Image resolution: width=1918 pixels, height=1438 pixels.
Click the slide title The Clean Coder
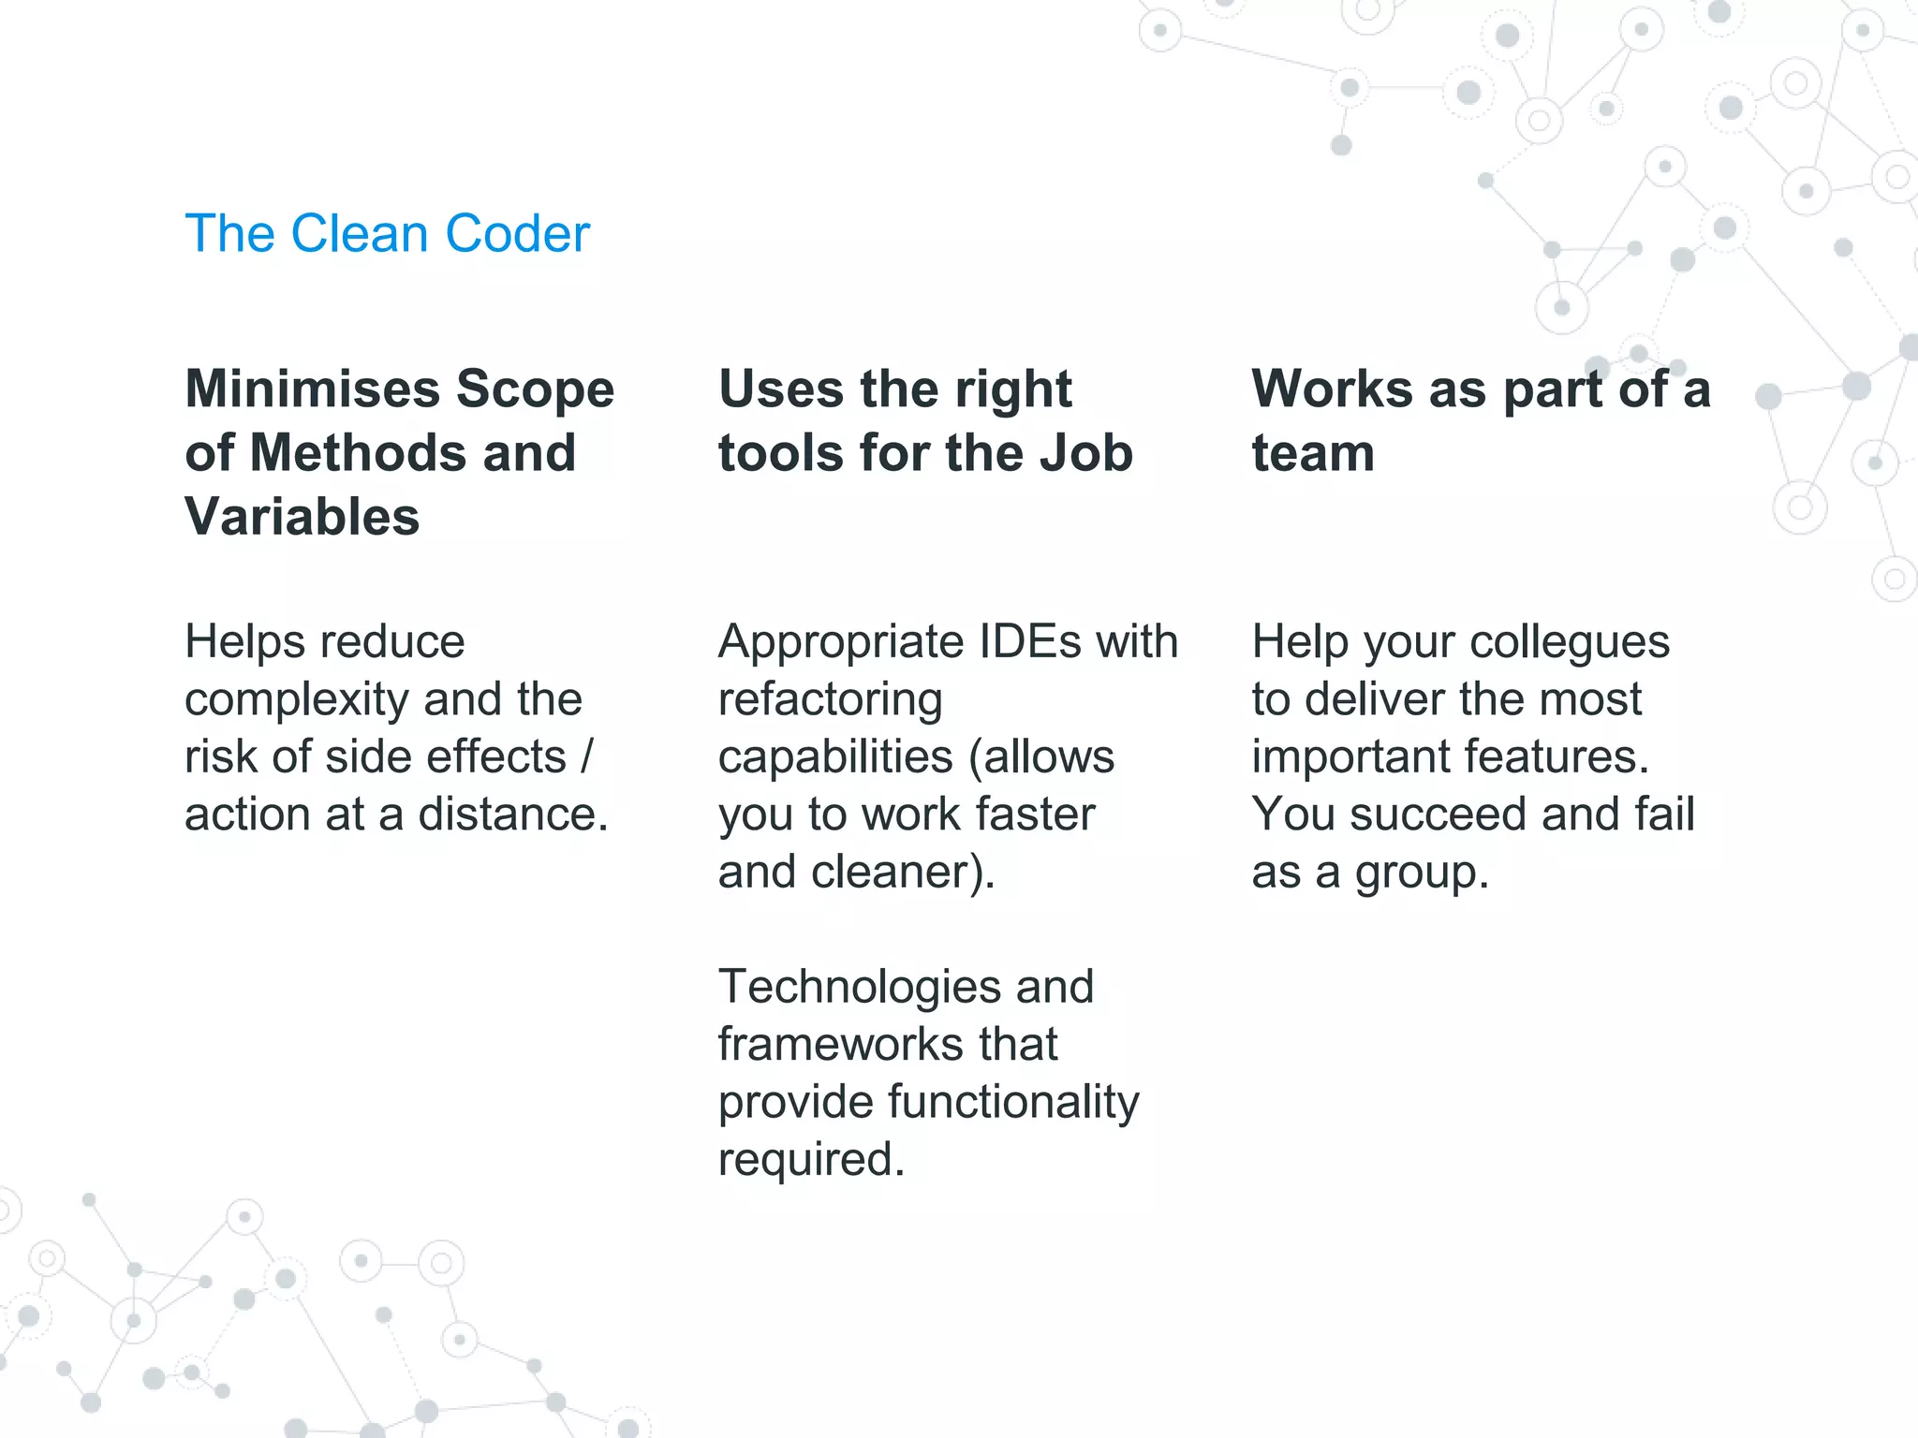387,233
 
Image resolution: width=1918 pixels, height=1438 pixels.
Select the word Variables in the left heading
302,517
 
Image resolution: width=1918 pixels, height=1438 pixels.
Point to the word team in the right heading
1313,453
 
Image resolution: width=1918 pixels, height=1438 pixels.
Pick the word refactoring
830,700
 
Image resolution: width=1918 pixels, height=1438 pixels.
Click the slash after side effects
586,756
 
